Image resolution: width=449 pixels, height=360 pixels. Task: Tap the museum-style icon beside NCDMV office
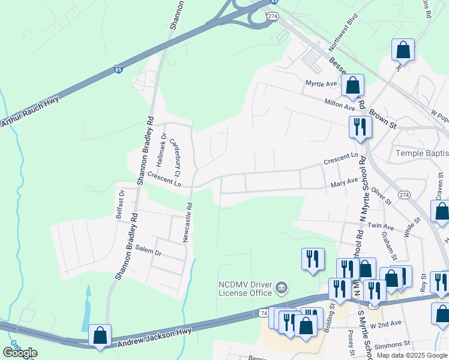(281, 289)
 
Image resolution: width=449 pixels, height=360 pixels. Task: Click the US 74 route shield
(264, 313)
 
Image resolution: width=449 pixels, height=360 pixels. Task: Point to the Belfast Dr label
(120, 204)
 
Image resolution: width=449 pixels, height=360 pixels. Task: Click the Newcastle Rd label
(189, 222)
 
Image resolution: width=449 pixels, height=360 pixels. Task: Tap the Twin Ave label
(381, 226)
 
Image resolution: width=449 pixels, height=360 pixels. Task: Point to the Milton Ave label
(339, 105)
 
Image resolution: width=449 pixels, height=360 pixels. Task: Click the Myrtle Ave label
(320, 83)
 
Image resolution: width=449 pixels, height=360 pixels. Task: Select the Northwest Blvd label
(343, 31)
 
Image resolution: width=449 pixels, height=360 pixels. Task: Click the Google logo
(20, 353)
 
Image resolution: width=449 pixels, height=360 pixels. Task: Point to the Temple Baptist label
(422, 153)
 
